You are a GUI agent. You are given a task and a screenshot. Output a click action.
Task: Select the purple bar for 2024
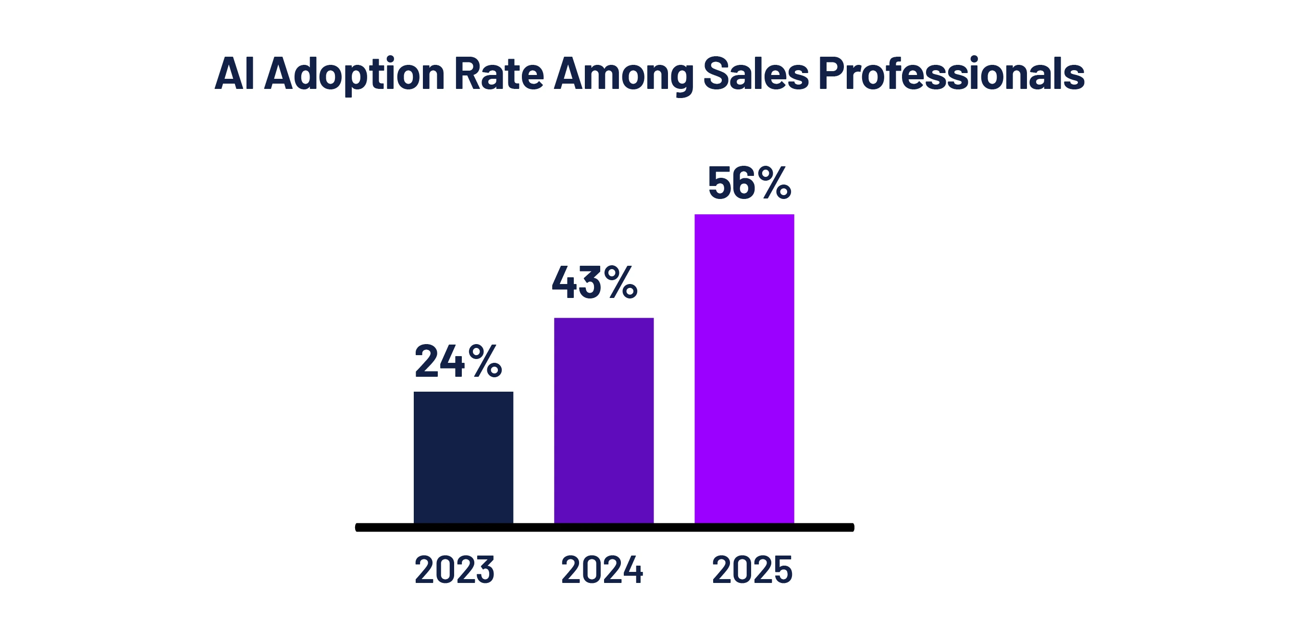point(604,421)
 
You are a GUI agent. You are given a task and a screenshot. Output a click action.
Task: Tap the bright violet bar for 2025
point(744,369)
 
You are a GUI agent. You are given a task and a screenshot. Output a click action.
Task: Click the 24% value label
point(458,361)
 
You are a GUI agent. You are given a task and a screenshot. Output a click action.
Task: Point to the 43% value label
point(594,283)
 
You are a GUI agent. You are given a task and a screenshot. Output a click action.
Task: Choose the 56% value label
point(749,184)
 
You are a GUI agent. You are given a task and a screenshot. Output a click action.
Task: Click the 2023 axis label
point(454,570)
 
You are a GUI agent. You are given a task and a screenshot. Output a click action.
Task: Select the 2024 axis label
point(602,570)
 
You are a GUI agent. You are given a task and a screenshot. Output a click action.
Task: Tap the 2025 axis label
point(752,570)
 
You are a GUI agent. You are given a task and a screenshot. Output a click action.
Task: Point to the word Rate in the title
point(499,74)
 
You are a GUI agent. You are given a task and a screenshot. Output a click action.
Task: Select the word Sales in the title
point(756,74)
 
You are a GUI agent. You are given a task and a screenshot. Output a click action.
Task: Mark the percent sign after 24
point(485,361)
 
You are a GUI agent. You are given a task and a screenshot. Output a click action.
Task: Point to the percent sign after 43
point(621,283)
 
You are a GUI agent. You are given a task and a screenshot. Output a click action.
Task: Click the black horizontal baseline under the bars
point(605,527)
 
